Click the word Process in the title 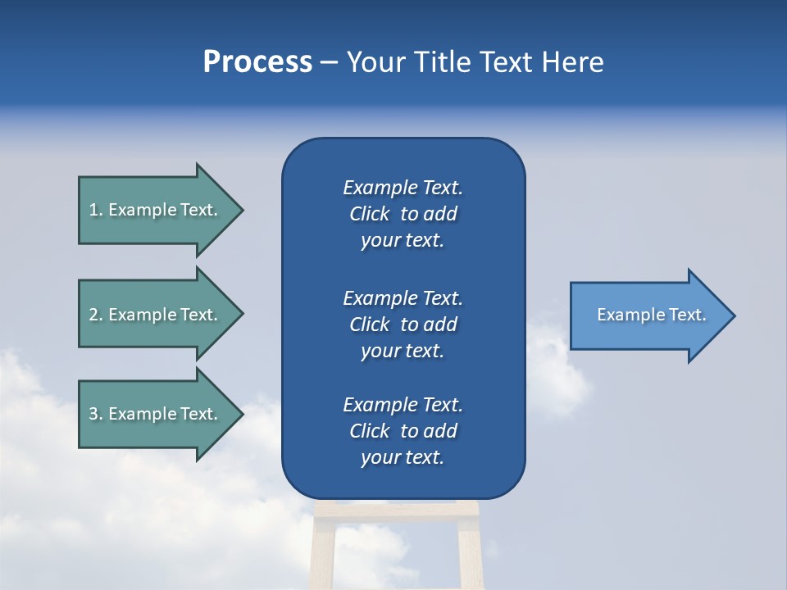[x=257, y=62]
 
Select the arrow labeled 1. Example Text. [x=156, y=210]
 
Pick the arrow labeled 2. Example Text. [x=156, y=315]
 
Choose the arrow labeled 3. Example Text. [x=156, y=414]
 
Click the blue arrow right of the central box [x=648, y=315]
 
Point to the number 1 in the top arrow [x=93, y=210]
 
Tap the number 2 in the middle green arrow [x=93, y=315]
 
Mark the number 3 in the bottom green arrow [x=93, y=414]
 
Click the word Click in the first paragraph [x=369, y=215]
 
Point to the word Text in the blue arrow [x=688, y=315]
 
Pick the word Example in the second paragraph [x=380, y=298]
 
